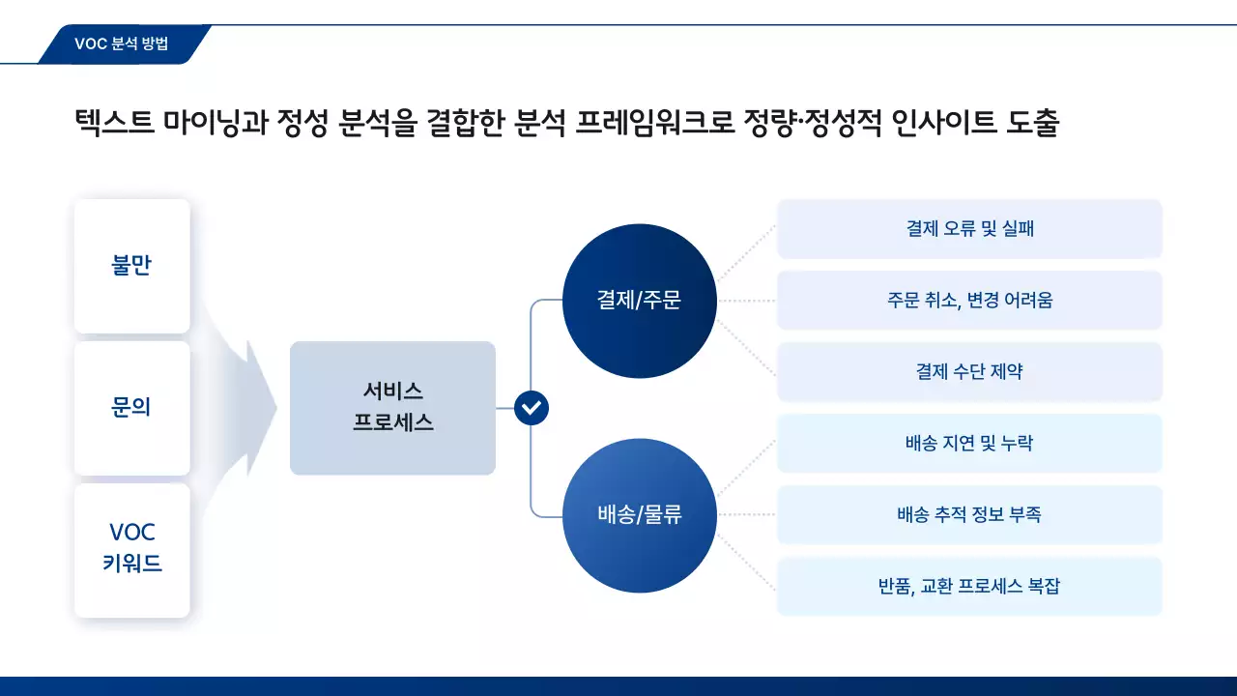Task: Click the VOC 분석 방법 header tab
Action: coord(122,43)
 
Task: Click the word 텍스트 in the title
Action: coord(113,124)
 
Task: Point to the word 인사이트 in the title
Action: coord(935,124)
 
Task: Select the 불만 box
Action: coord(132,266)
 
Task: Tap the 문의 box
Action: coord(132,407)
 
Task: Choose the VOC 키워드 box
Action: coord(132,549)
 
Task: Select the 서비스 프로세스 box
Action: coord(392,407)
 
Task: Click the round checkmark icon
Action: coord(532,408)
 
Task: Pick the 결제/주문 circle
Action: coord(639,301)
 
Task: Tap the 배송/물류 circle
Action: coord(639,515)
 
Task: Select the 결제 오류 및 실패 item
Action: coord(969,229)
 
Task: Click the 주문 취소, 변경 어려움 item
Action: coord(969,301)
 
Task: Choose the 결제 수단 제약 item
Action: coord(969,372)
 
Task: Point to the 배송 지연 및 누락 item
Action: coord(969,444)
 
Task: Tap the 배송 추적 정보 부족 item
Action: coord(969,515)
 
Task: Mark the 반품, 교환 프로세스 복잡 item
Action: coord(969,587)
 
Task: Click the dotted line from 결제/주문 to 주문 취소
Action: coord(746,301)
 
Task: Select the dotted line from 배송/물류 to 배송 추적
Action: coord(746,515)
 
